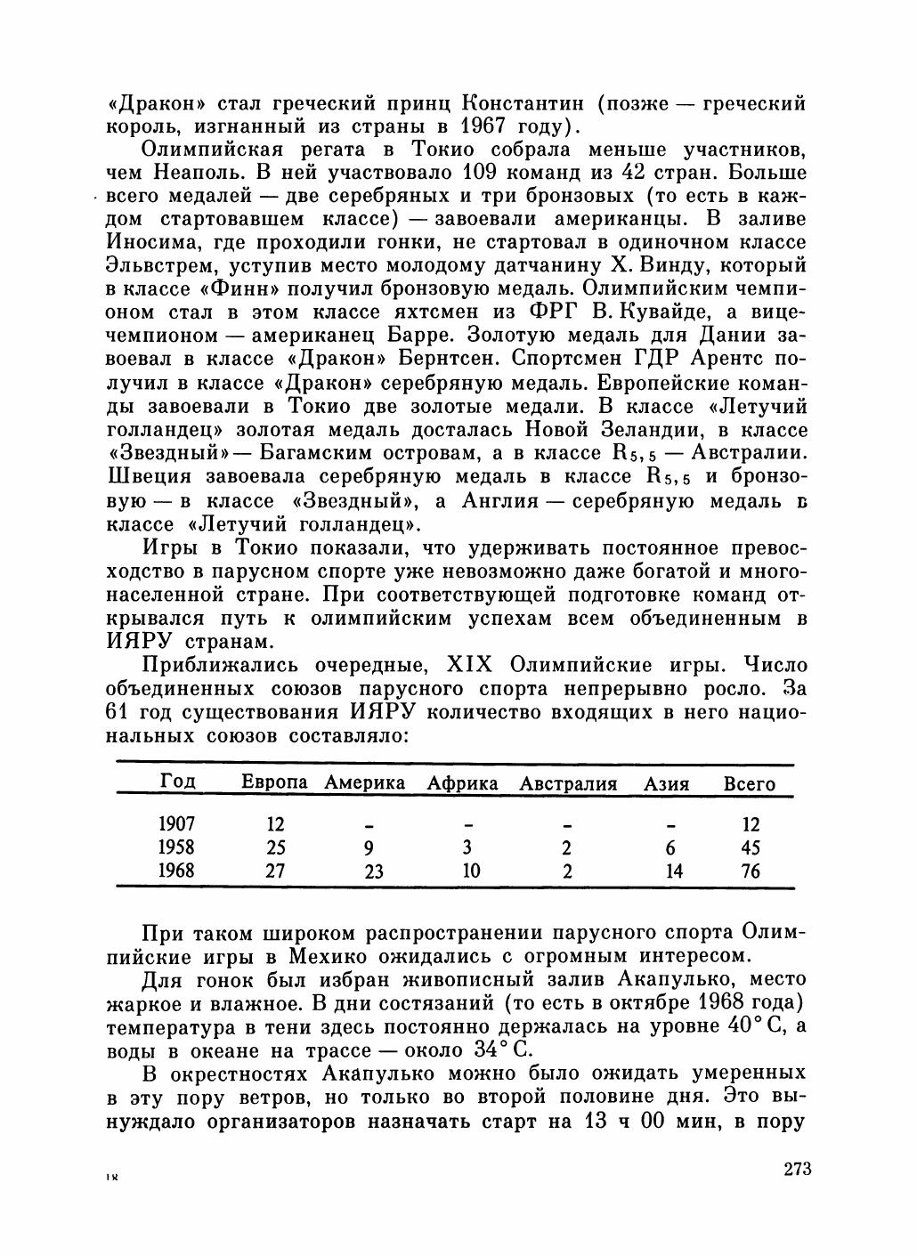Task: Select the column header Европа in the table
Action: pyautogui.click(x=274, y=782)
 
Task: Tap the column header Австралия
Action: pyautogui.click(x=568, y=783)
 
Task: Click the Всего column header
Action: pyautogui.click(x=749, y=784)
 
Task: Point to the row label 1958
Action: pyautogui.click(x=175, y=847)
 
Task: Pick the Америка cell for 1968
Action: pyautogui.click(x=373, y=871)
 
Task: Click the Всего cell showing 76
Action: pyautogui.click(x=751, y=871)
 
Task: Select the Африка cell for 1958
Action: pyautogui.click(x=467, y=847)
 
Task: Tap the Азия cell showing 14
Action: pyautogui.click(x=674, y=871)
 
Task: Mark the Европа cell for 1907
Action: pyautogui.click(x=275, y=824)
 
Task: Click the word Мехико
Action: pyautogui.click(x=329, y=956)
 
